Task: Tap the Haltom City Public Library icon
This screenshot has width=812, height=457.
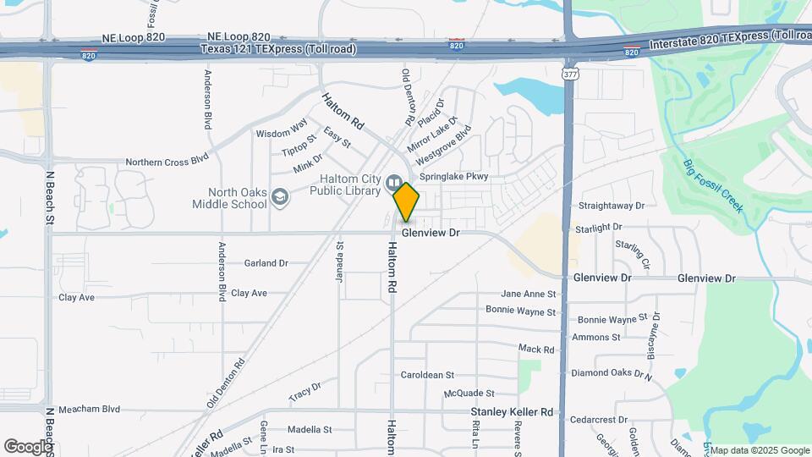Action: pos(393,184)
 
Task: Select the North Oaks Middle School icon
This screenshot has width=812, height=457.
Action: pos(279,198)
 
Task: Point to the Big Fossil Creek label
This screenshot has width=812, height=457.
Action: pos(713,185)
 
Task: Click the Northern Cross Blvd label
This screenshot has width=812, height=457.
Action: pos(167,161)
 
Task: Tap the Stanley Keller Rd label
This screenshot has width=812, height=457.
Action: pos(512,412)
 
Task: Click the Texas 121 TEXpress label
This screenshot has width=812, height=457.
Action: pos(278,49)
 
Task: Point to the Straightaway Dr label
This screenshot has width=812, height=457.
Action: pos(611,206)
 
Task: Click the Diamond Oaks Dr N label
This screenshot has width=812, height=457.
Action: pos(612,373)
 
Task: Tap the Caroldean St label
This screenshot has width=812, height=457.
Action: pos(427,374)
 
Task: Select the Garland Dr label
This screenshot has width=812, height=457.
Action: pos(266,263)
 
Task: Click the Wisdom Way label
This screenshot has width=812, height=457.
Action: pos(282,133)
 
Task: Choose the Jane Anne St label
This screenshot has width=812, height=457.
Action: pos(529,294)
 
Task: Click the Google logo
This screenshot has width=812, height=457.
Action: pos(28,446)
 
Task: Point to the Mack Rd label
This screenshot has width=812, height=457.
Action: pos(536,349)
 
